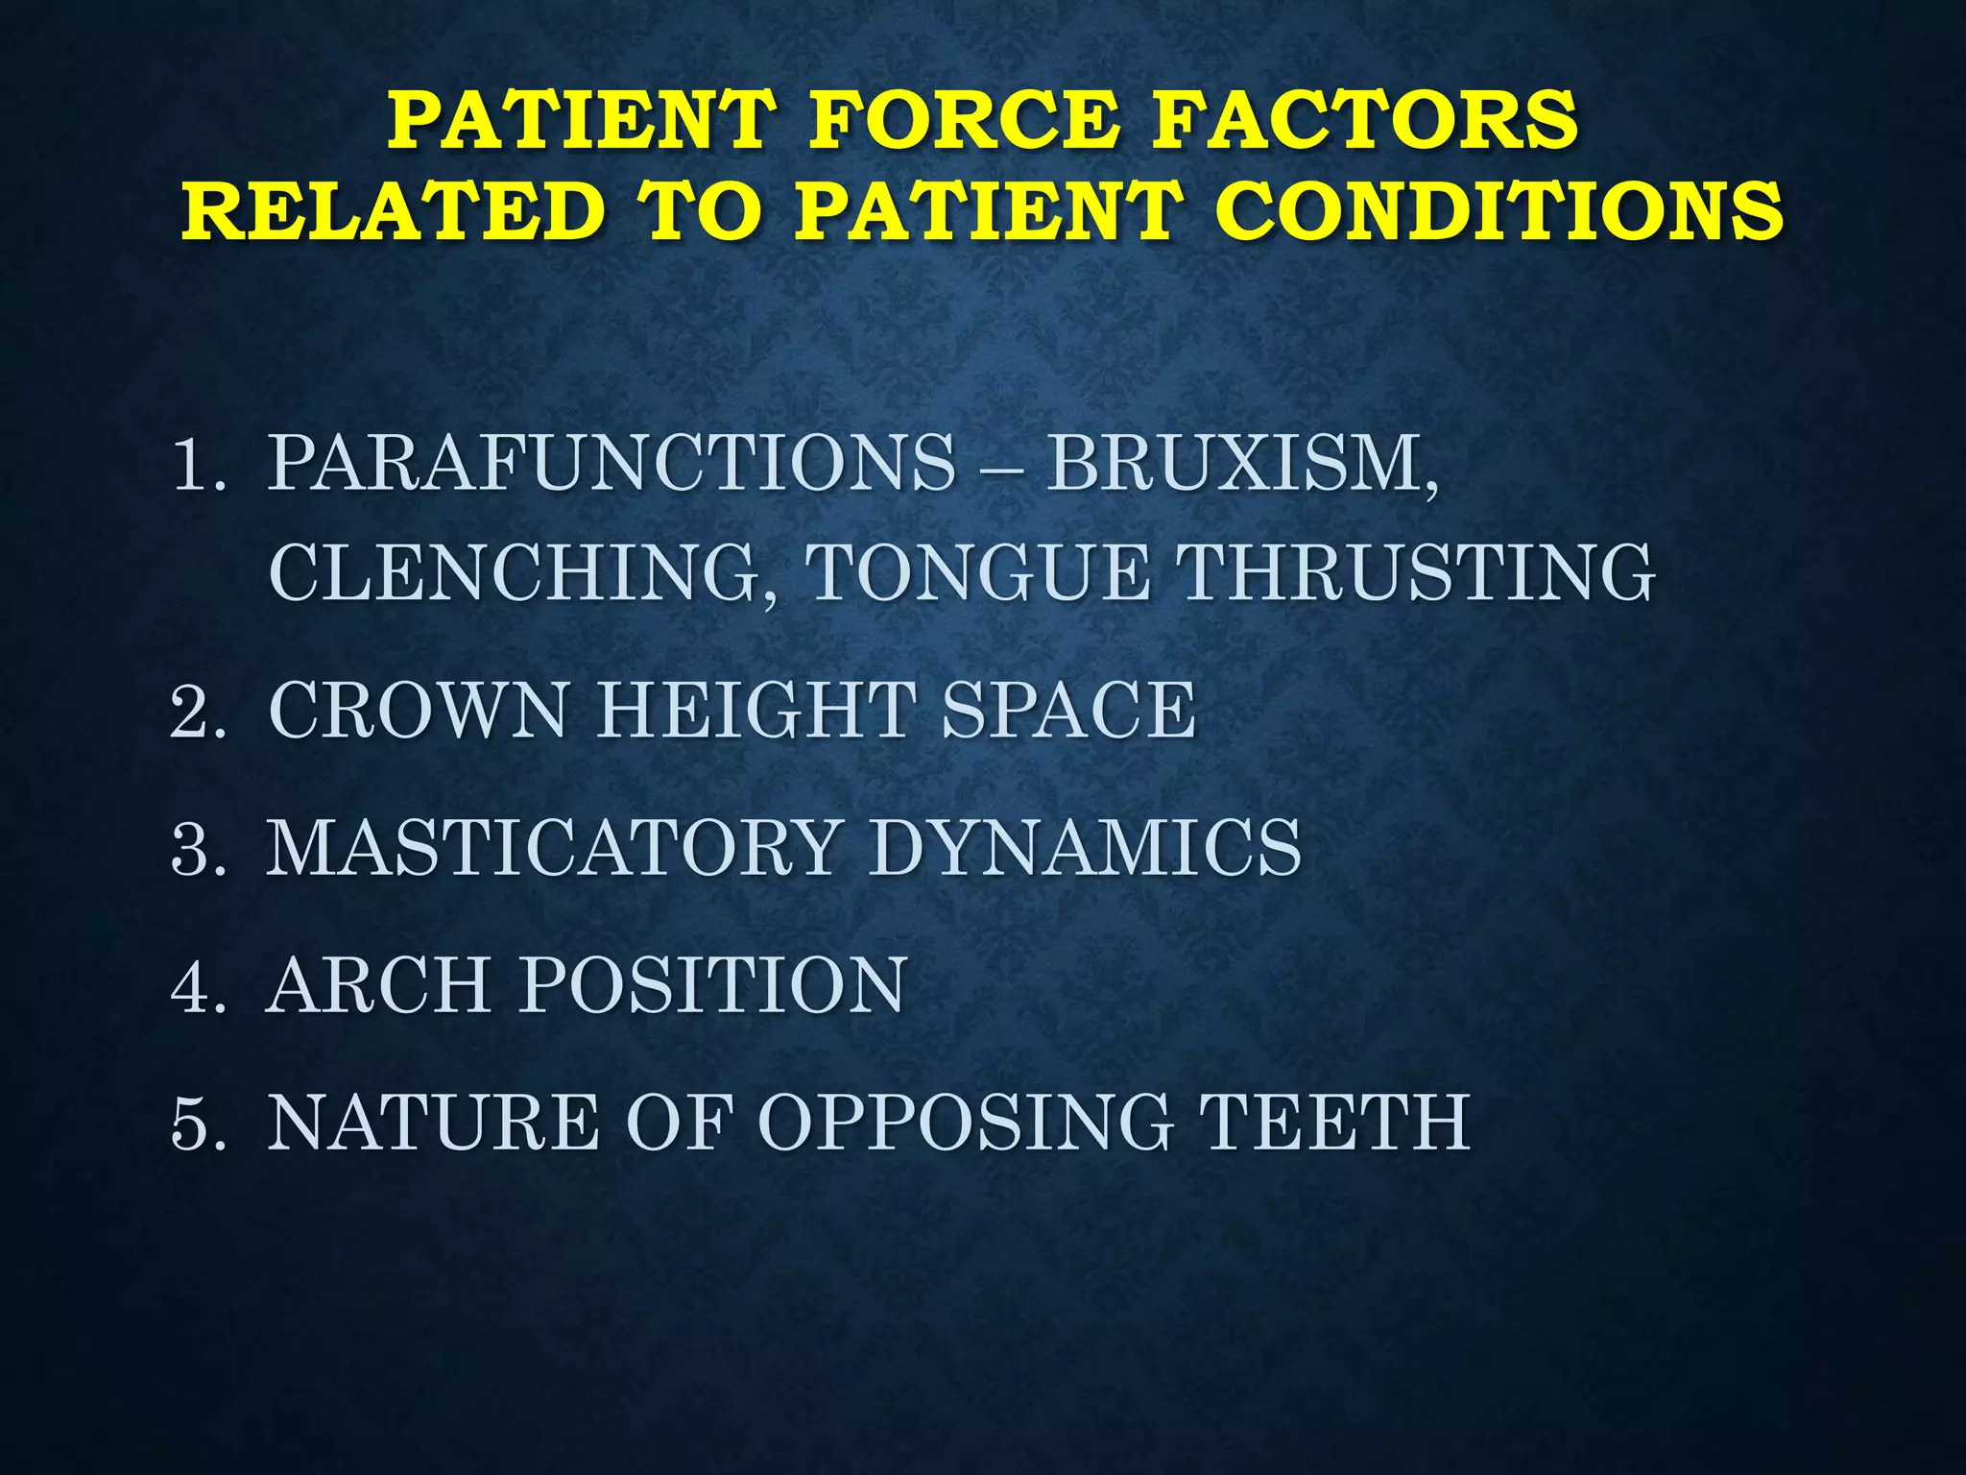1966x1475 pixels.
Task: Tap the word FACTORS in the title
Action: click(x=1364, y=120)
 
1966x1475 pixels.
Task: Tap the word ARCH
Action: click(x=378, y=985)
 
